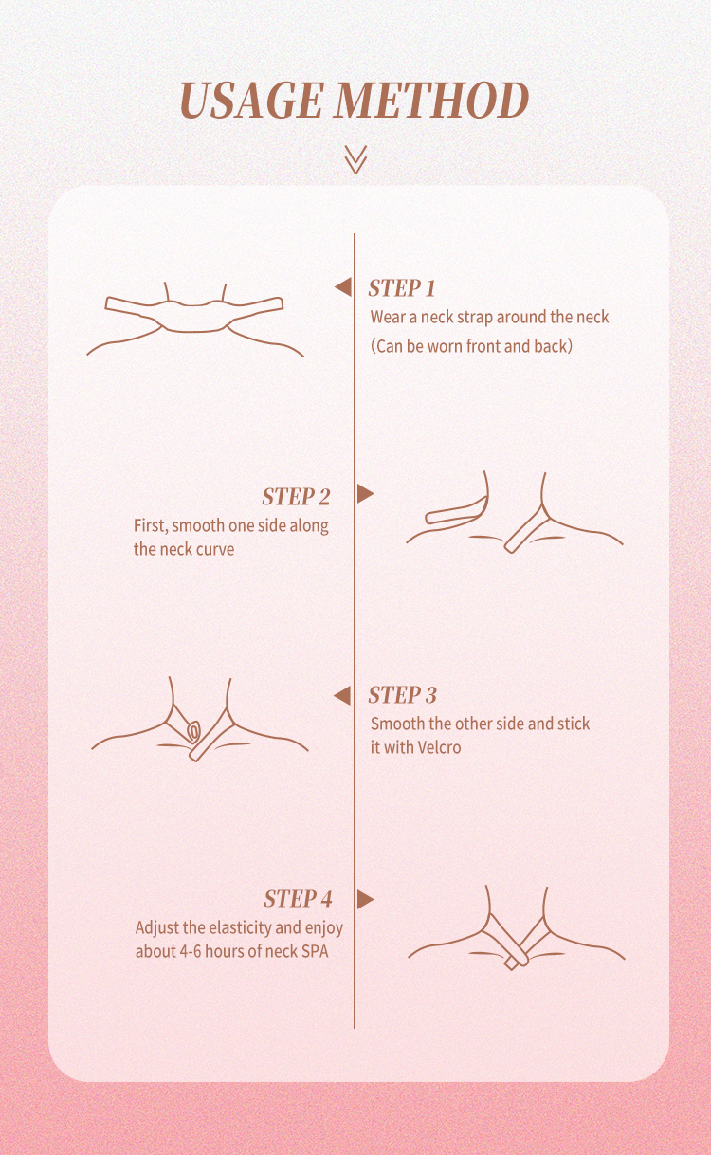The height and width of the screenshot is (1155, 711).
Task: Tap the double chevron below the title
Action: coord(355,159)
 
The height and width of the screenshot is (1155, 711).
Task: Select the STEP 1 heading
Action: coord(402,288)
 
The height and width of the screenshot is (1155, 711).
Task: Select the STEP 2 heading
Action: coord(296,497)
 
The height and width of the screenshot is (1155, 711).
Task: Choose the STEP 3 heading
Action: coord(402,695)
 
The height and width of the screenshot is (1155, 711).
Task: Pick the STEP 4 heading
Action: coord(298,899)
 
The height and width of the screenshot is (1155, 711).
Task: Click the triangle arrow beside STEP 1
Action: coord(343,287)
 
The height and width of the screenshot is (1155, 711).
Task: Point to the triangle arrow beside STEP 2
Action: coord(366,493)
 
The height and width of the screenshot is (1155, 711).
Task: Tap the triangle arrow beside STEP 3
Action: coord(342,696)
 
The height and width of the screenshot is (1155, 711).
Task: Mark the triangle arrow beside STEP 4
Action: coord(366,900)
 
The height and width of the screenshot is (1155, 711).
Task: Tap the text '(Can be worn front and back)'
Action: coord(471,346)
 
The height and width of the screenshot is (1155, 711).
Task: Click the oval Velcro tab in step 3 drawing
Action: coord(193,731)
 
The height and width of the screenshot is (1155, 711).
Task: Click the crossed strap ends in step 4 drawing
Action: coord(518,960)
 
